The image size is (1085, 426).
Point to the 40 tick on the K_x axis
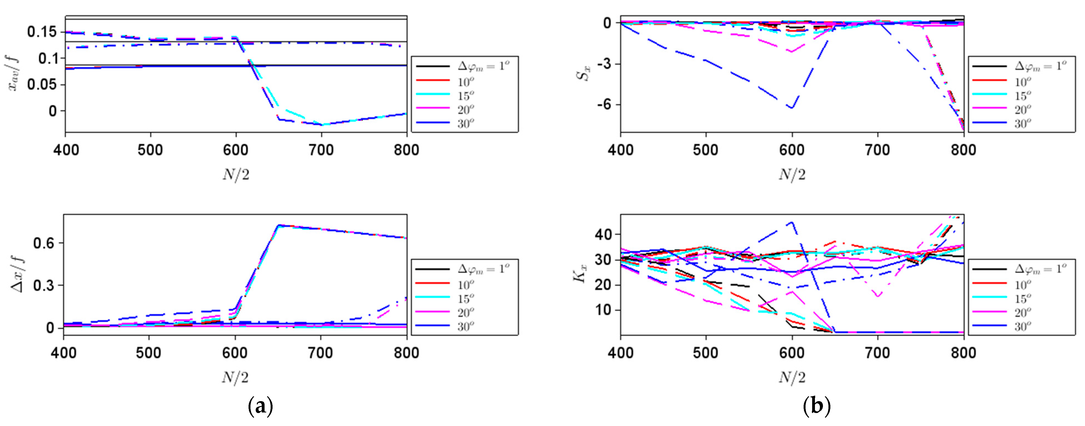[x=603, y=234]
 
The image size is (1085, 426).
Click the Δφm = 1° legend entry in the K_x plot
[x=1040, y=269]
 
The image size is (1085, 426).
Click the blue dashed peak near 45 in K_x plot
[x=792, y=222]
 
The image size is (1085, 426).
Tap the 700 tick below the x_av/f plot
[x=321, y=150]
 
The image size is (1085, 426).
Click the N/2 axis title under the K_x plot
[x=792, y=377]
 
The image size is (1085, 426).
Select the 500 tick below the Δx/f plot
[x=149, y=353]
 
